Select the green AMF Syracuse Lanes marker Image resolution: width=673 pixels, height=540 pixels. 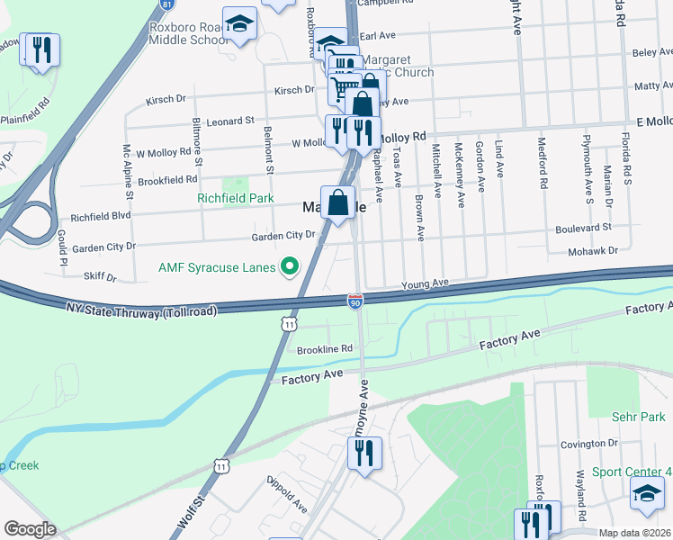coord(290,265)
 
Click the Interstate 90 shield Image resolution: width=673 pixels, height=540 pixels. coord(355,300)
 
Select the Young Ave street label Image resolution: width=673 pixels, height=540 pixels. coord(425,283)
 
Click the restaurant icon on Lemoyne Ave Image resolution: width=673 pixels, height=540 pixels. coord(364,453)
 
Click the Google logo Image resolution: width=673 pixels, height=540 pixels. coord(29,529)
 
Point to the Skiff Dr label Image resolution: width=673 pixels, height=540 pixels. coord(99,277)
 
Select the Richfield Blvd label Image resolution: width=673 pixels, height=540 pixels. coord(101,217)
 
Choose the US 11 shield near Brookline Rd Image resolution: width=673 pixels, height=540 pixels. coord(287,321)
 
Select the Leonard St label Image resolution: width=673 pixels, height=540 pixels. coord(230,121)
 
